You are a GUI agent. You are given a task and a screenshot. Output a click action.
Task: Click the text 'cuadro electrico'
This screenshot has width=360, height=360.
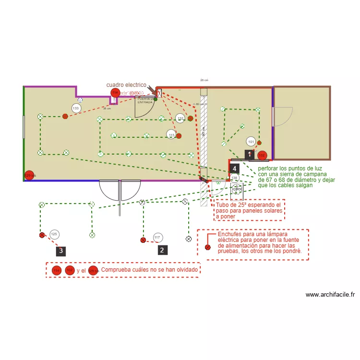[126, 85]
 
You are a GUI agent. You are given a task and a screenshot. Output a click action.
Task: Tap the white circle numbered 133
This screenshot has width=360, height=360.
[76, 108]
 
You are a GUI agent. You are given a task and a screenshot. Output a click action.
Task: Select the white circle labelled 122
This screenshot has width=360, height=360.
[180, 118]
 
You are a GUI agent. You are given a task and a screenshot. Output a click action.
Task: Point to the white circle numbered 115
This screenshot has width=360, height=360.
[171, 135]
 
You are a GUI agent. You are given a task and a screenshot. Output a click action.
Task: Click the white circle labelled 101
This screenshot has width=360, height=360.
[251, 142]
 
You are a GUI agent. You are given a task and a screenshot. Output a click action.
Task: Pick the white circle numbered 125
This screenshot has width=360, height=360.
[54, 234]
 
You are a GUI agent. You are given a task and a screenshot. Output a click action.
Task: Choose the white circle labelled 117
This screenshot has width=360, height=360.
[157, 237]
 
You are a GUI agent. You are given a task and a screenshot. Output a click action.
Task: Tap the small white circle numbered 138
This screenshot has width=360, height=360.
[234, 178]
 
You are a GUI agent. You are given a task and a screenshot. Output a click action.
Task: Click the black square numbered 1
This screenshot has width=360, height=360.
[249, 154]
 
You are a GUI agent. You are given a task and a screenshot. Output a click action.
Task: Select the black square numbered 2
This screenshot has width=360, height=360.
[162, 250]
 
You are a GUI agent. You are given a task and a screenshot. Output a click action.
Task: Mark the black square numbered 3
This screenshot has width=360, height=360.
[60, 251]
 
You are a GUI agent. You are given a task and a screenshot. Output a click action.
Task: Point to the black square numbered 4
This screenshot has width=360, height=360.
[234, 168]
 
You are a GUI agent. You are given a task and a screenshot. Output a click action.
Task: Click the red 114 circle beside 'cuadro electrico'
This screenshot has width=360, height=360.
[115, 93]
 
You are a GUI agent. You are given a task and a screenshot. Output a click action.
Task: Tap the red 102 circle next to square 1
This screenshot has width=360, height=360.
[262, 155]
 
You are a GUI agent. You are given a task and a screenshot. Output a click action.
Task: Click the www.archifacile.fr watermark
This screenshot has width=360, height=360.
[330, 295]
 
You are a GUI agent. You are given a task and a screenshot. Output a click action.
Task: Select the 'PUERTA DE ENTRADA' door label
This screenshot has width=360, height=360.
[145, 101]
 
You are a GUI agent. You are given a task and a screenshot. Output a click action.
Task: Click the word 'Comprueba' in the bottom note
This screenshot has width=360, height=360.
[116, 270]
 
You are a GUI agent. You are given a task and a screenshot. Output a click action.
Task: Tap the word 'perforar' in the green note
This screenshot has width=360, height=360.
[268, 168]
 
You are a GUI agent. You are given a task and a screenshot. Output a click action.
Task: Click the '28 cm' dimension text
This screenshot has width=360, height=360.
[204, 80]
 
